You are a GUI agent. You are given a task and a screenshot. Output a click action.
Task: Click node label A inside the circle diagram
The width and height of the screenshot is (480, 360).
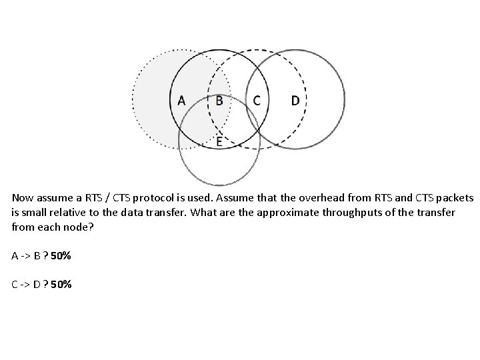tap(181, 101)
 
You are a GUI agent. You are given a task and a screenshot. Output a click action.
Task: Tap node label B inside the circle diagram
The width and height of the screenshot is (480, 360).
tap(219, 101)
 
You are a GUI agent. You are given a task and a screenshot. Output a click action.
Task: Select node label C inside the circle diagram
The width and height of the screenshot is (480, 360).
tap(257, 101)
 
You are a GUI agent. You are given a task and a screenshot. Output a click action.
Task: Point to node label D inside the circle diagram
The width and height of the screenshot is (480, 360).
tap(295, 101)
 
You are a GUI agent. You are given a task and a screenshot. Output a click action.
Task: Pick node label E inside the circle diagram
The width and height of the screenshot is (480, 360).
tap(219, 141)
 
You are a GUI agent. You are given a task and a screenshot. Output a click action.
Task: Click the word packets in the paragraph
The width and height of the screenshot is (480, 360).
tap(455, 198)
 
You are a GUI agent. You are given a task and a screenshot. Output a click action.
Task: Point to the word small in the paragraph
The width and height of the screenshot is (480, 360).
tap(33, 213)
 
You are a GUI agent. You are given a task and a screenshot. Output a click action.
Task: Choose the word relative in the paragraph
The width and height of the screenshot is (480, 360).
tap(66, 213)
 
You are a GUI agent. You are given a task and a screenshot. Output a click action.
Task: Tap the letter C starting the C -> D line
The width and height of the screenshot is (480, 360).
tap(15, 285)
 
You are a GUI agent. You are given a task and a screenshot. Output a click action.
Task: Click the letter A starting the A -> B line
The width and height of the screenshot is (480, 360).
tap(15, 256)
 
